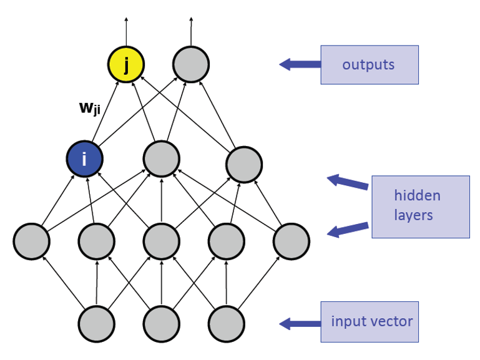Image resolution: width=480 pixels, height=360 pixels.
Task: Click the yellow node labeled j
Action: pos(126,64)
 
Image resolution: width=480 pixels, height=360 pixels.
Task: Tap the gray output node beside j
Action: pos(191,64)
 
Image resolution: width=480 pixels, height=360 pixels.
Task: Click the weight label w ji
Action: pos(90,107)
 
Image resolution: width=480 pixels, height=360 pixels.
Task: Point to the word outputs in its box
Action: pos(368,65)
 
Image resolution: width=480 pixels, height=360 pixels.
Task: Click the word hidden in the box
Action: pos(417,196)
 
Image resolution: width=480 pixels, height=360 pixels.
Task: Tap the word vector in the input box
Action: pos(390,322)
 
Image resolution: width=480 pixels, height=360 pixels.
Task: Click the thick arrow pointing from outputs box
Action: pos(300,64)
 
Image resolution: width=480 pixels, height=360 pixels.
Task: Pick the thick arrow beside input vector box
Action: pos(300,323)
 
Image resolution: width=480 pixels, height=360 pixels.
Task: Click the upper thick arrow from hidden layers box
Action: pos(348,182)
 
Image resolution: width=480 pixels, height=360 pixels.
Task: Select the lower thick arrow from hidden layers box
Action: pos(348,230)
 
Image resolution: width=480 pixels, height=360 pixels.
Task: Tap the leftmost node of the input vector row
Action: pos(97,324)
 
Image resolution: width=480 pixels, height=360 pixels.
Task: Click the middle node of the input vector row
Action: pos(162,324)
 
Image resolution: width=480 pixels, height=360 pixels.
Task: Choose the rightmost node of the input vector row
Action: pos(227,324)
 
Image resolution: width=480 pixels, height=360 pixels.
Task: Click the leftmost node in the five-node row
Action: pos(32,240)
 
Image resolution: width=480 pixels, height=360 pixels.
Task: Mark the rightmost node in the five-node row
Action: pos(291,240)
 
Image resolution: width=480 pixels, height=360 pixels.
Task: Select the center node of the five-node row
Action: pos(162,240)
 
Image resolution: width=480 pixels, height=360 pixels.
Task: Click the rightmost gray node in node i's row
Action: pos(244,165)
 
